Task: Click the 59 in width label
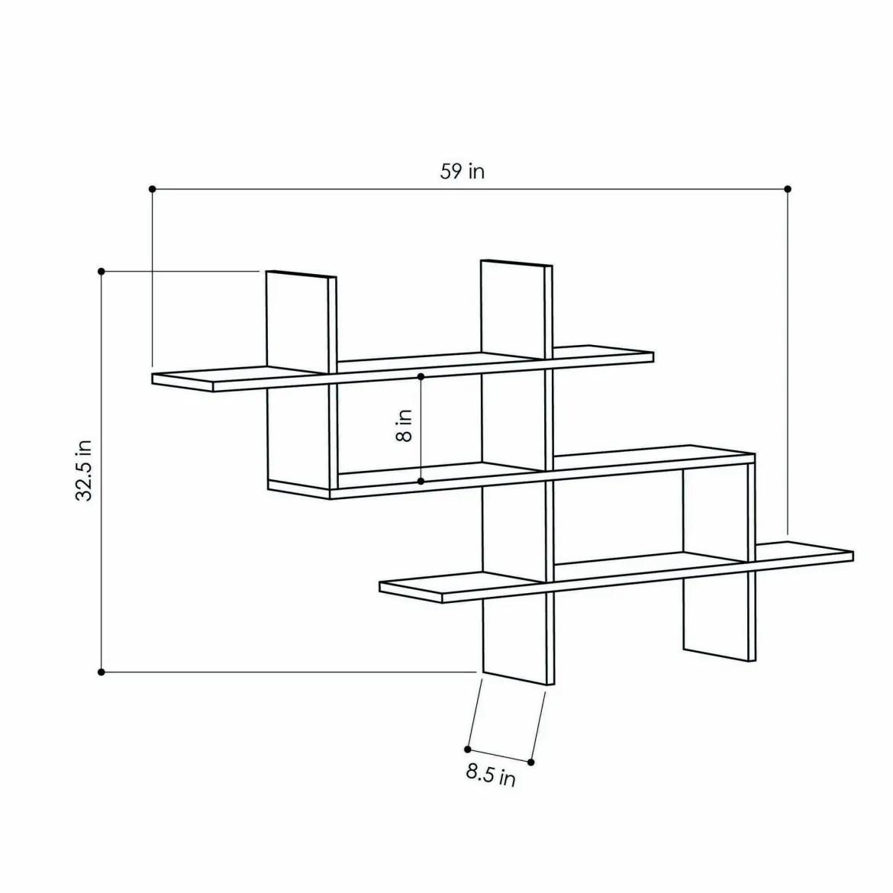coord(462,171)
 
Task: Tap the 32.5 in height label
coord(84,470)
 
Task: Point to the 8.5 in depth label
coord(491,775)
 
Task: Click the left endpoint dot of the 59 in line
coord(152,189)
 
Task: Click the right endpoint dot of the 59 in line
coord(788,189)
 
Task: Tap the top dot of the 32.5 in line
coord(102,271)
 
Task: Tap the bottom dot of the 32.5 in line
coord(102,672)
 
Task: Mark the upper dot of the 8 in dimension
coord(421,376)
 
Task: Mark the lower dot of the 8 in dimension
coord(421,482)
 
